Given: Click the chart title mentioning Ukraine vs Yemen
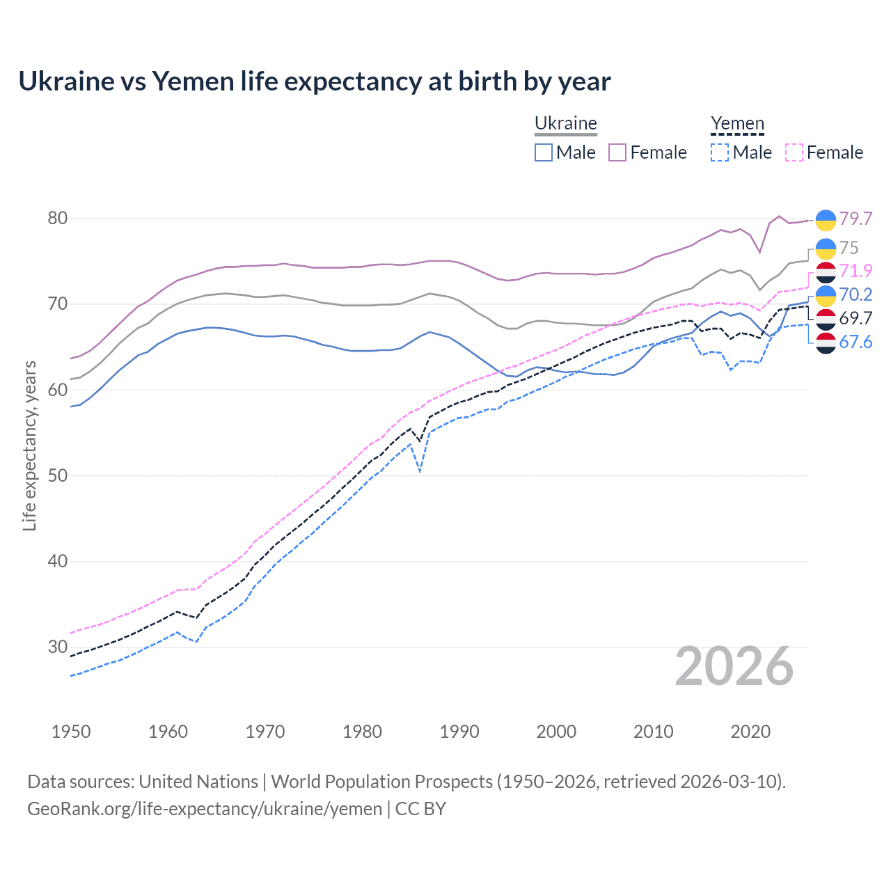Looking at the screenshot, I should [315, 81].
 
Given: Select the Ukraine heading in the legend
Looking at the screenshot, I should [565, 123].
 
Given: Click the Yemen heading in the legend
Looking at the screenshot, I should [737, 123].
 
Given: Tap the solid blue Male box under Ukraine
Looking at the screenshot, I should [544, 152].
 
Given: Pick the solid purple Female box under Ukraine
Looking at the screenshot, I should [617, 152].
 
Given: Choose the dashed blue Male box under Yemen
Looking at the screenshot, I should [720, 152].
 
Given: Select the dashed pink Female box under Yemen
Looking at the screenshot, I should [794, 152].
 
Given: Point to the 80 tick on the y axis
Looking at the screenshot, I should [58, 218].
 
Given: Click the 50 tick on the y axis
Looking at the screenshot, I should [58, 475].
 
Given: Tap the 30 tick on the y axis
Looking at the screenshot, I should [58, 647].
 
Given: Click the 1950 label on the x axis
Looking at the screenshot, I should [71, 732].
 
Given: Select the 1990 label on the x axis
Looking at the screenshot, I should [459, 732].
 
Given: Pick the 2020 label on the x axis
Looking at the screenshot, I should [750, 732].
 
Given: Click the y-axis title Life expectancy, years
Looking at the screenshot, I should [29, 446].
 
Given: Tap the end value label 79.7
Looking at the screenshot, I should [855, 219].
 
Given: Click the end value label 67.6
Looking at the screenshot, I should [855, 342].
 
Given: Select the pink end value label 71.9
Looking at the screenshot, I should [855, 271].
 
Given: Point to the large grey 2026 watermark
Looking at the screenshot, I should [734, 666].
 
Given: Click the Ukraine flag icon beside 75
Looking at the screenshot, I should [826, 249].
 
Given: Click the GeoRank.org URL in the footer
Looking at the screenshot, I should [205, 809].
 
